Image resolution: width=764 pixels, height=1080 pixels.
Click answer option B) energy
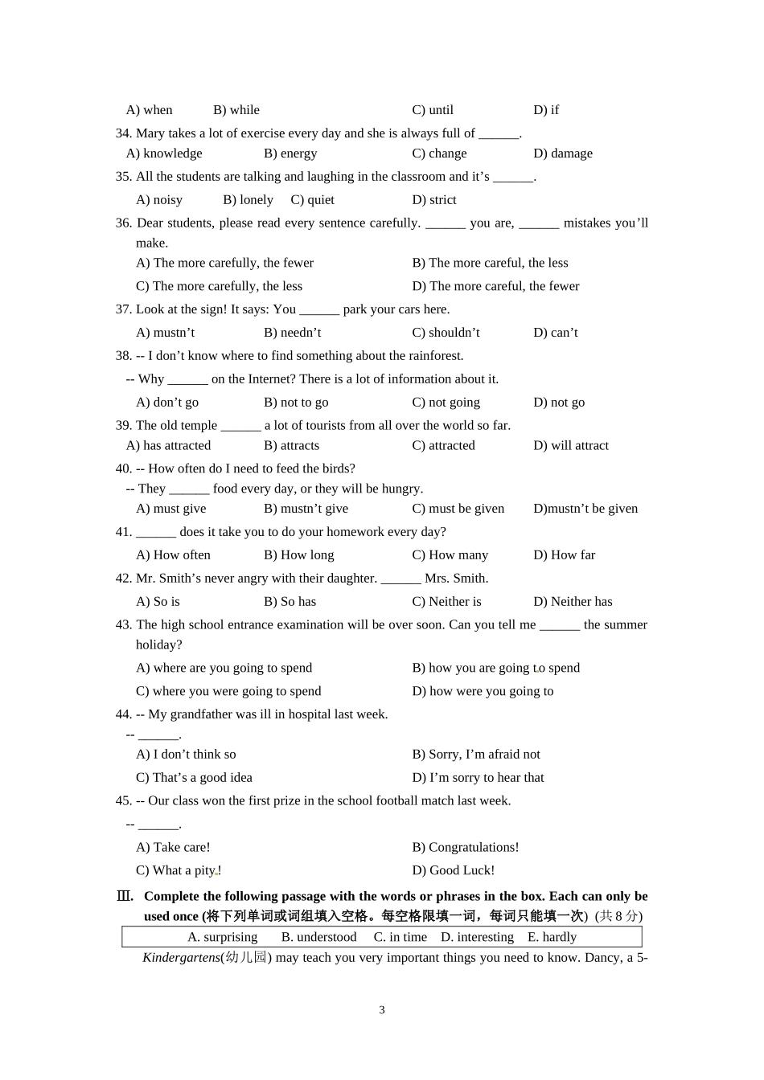[x=290, y=153]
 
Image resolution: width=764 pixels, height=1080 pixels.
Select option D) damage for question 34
[x=563, y=153]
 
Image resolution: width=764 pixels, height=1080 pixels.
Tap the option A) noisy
[x=159, y=200]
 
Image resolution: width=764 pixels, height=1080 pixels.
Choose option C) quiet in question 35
[x=312, y=200]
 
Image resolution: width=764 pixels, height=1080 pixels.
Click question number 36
[x=123, y=223]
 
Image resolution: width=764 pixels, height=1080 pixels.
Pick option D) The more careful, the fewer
[x=495, y=286]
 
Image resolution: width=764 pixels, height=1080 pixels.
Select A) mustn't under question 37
[x=165, y=333]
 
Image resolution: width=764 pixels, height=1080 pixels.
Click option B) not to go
[x=296, y=403]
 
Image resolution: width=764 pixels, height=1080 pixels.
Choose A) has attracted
[x=168, y=446]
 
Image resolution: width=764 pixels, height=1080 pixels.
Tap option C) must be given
[x=458, y=509]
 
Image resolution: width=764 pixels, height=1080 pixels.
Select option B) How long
[x=298, y=555]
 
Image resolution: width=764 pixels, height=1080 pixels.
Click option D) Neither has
[x=573, y=602]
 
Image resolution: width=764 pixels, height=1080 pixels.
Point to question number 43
[x=123, y=625]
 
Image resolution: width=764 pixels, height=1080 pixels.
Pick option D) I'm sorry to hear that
[x=478, y=778]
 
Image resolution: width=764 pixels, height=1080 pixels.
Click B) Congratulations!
[x=466, y=848]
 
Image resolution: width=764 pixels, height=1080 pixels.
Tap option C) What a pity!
[x=179, y=871]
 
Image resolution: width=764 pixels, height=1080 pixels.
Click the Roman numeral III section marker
[x=125, y=897]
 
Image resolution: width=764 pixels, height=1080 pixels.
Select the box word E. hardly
[x=552, y=937]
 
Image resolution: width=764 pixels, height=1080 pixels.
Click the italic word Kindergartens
[x=181, y=958]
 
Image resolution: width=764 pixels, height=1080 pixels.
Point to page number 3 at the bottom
[x=382, y=1010]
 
